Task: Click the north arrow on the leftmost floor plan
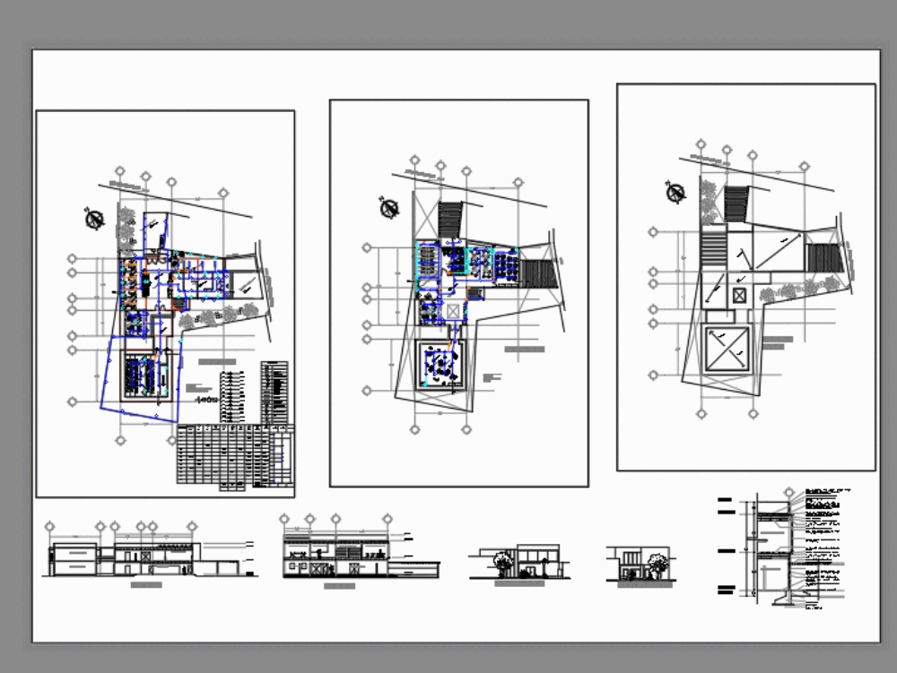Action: [94, 219]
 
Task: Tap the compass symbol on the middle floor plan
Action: [389, 209]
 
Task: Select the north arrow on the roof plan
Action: [675, 192]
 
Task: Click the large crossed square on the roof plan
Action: [727, 349]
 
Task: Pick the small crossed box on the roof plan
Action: [739, 295]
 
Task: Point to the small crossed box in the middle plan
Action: [454, 311]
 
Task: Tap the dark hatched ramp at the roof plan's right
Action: [822, 258]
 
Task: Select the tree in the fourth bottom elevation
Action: [658, 564]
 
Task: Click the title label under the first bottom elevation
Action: [146, 585]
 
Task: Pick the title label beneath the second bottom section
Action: [338, 586]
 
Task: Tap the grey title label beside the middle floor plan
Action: [525, 349]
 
